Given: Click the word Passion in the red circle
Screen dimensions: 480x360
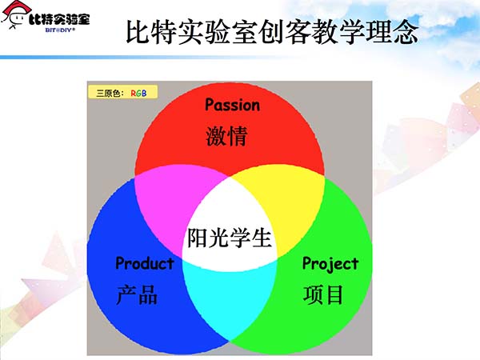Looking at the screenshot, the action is [233, 105].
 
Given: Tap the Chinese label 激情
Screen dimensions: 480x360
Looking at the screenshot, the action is [226, 136].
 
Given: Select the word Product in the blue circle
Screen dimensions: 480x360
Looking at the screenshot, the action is [145, 263].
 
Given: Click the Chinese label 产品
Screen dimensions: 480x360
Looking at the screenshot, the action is [137, 294].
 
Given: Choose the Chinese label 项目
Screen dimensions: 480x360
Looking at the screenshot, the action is [323, 294].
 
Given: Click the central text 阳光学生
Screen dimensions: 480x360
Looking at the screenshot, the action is [230, 238].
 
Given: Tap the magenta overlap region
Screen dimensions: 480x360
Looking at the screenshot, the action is [171, 202].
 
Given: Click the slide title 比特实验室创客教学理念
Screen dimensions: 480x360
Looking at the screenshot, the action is [272, 32].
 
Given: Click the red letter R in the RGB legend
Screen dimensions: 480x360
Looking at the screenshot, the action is [133, 93].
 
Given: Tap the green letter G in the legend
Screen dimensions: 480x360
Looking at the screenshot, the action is [138, 93].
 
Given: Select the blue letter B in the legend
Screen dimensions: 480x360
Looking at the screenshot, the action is [144, 93].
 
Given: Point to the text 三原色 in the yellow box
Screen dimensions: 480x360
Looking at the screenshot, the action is [108, 93].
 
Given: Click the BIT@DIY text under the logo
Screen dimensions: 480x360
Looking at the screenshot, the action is [60, 30].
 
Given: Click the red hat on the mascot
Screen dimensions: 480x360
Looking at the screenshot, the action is [16, 6].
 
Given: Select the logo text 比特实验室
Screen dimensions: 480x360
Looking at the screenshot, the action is [59, 19].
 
